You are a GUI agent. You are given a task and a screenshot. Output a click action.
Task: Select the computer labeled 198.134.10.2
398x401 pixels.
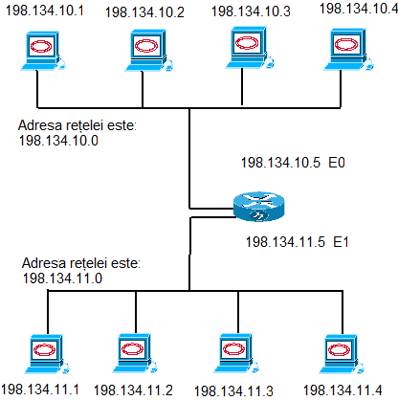pos(148,51)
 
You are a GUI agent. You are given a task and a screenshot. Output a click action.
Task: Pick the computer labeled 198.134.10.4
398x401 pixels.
pos(348,50)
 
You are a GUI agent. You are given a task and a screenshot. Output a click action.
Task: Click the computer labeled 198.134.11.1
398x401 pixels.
pos(47,354)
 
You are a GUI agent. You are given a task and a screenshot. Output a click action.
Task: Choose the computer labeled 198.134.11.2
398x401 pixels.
pos(135,353)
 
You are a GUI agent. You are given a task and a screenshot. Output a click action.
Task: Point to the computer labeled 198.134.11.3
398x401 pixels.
pos(236,354)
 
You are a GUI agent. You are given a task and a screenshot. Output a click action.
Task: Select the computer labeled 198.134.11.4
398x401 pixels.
pos(342,354)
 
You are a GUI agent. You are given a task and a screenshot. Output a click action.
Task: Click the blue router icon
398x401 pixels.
pos(258,207)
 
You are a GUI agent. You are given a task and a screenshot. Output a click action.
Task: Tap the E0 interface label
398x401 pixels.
pos(337,163)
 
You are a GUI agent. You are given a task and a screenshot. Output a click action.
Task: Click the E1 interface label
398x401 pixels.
pos(341,242)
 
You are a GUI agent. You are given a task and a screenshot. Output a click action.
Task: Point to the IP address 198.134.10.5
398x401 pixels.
pos(280,163)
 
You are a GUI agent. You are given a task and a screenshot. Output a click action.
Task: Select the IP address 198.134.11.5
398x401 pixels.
pos(285,242)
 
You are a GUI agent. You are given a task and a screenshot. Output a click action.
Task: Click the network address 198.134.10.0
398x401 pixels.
pos(58,141)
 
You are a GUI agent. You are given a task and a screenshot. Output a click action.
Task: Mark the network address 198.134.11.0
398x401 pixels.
pos(62,278)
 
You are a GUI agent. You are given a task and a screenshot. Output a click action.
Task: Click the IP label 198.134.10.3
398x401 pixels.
pos(251,11)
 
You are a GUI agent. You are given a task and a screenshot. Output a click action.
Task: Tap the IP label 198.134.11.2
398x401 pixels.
pos(133,390)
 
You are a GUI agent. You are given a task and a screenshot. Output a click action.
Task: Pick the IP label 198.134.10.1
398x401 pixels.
pos(45,11)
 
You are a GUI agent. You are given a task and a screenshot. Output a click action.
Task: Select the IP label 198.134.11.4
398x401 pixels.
pos(343,390)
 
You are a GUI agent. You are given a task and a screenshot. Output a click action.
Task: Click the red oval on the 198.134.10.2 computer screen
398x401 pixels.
pos(146,46)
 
